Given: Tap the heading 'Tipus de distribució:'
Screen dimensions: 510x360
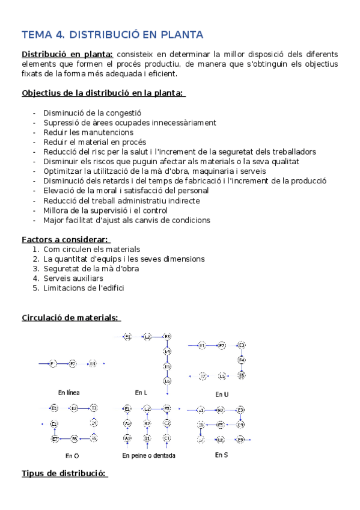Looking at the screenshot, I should [64, 473].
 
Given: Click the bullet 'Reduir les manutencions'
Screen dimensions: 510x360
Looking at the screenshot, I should [88, 132].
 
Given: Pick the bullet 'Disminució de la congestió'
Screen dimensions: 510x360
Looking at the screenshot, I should [92, 113].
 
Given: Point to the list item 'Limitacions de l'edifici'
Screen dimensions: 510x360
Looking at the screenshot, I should [84, 288].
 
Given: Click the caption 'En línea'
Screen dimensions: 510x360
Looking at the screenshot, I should [69, 393].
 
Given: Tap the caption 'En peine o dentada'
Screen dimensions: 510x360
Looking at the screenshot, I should [148, 455].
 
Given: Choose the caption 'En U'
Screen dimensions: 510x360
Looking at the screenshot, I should [221, 395].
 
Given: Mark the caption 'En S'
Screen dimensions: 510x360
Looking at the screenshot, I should [221, 455].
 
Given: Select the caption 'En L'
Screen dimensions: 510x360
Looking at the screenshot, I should [140, 393].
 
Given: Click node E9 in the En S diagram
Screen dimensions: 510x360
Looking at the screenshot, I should [240, 440].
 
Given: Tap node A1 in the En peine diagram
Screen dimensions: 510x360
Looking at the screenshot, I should [127, 438].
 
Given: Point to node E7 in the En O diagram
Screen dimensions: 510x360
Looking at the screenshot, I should [55, 439].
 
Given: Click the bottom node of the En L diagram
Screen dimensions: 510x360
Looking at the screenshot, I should [167, 381].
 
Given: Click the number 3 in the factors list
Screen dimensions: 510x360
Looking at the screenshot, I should [36, 269].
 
